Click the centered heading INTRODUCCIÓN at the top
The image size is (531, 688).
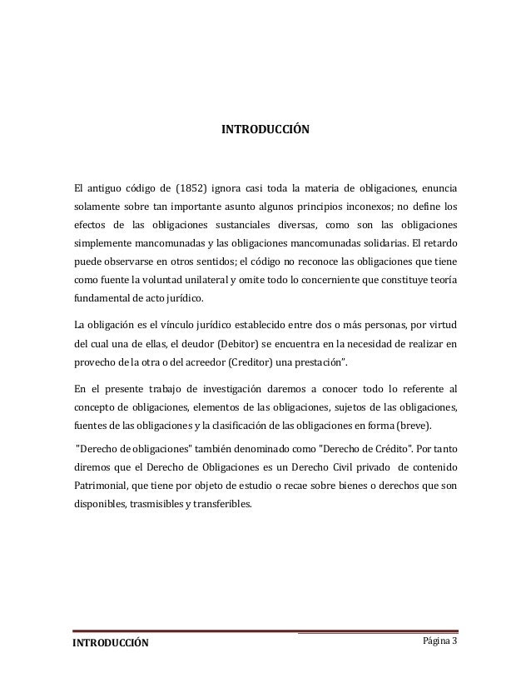pos(265,131)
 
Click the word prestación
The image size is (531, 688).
pos(329,363)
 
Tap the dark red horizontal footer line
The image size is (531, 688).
pos(265,631)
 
